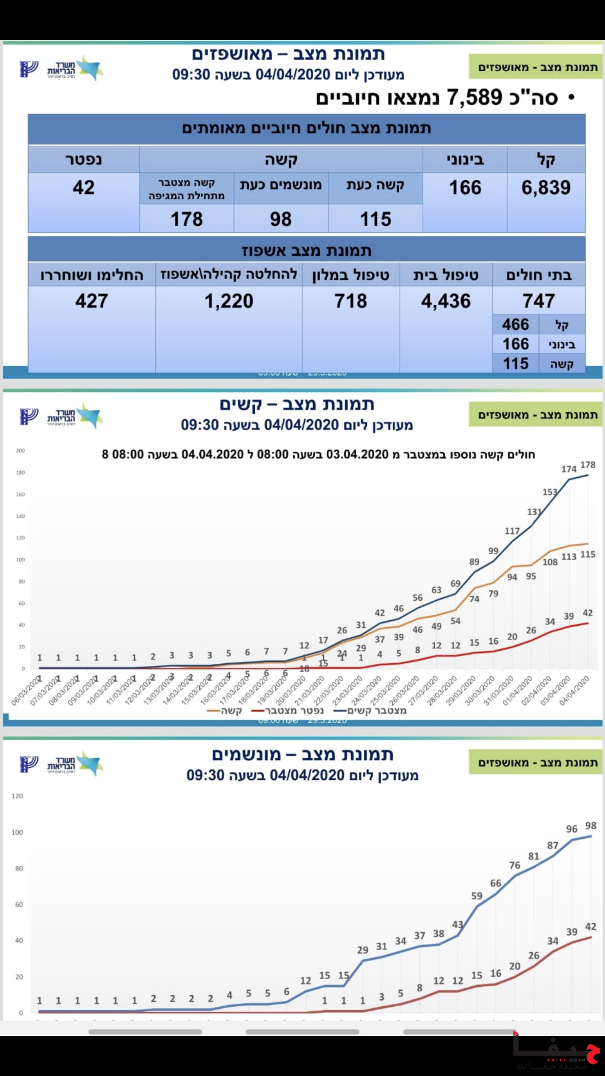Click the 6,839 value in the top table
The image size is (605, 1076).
pyautogui.click(x=546, y=188)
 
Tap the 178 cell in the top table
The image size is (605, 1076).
pyautogui.click(x=187, y=219)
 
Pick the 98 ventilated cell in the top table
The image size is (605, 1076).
pyautogui.click(x=281, y=219)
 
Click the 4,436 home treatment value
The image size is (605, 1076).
pyautogui.click(x=446, y=301)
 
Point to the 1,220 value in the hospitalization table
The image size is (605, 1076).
pyautogui.click(x=228, y=301)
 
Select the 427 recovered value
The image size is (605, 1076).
pyautogui.click(x=92, y=301)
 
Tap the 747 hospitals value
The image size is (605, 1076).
pyautogui.click(x=538, y=301)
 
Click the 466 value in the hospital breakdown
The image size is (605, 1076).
pyautogui.click(x=515, y=325)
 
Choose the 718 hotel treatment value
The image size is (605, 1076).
pyautogui.click(x=351, y=301)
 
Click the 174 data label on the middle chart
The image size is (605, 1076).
pyautogui.click(x=568, y=469)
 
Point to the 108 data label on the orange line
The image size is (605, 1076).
pyautogui.click(x=550, y=562)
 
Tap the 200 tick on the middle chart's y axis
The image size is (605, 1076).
pyautogui.click(x=20, y=450)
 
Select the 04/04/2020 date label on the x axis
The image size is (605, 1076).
pyautogui.click(x=575, y=691)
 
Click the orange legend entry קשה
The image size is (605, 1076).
pyautogui.click(x=225, y=711)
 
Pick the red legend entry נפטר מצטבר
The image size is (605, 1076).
pyautogui.click(x=287, y=711)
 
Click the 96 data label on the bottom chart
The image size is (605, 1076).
pyautogui.click(x=571, y=828)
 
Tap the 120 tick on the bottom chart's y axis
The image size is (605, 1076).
pyautogui.click(x=17, y=796)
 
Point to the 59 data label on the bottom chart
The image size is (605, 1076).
pyautogui.click(x=476, y=896)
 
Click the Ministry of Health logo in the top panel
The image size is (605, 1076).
pyautogui.click(x=61, y=69)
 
